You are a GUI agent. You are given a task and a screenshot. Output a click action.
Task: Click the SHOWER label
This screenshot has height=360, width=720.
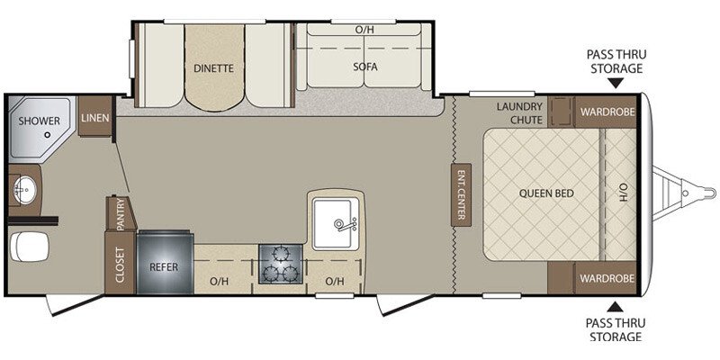click(x=39, y=121)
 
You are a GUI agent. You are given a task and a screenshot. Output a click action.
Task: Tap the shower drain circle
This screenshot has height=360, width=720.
click(x=48, y=135)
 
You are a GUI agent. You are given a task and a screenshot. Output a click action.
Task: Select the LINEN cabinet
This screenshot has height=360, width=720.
click(x=95, y=117)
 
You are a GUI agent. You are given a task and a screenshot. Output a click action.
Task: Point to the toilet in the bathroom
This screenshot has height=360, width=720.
click(x=29, y=247)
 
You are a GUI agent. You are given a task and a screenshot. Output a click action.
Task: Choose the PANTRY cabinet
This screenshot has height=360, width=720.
click(x=121, y=213)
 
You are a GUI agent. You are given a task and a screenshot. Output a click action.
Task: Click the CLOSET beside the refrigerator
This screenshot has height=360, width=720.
click(x=120, y=263)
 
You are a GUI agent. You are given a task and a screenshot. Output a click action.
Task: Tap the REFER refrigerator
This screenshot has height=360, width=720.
click(x=165, y=262)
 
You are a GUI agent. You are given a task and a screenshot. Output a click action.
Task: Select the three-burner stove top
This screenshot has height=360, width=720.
click(x=280, y=264)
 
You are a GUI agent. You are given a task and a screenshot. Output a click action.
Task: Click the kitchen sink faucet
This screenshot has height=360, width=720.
click(x=345, y=224)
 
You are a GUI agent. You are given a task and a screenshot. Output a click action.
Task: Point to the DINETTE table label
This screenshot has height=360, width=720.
click(x=213, y=68)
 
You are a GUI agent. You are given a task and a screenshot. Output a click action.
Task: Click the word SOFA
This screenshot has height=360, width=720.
click(x=365, y=67)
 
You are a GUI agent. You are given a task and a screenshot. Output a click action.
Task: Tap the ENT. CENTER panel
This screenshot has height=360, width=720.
click(x=461, y=195)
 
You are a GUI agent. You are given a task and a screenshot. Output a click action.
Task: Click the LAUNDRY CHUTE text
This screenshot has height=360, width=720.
click(x=519, y=113)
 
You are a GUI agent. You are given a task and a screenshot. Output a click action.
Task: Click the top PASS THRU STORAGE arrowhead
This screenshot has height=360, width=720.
click(x=616, y=83)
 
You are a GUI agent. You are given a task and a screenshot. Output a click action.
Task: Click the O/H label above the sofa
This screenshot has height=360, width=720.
click(x=364, y=30)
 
